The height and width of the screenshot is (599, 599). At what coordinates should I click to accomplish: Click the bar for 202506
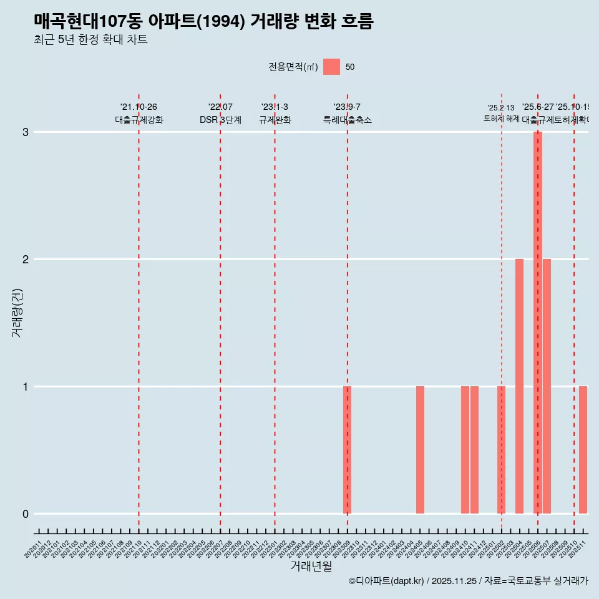537,323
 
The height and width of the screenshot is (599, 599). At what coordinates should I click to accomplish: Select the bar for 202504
519,386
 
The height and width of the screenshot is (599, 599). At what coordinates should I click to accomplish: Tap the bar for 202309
347,450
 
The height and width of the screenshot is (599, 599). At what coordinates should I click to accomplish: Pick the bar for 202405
420,450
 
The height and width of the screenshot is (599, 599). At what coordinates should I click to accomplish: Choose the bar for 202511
583,450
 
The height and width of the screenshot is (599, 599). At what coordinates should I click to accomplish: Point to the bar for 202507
547,386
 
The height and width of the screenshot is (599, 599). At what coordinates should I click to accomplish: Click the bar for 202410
465,450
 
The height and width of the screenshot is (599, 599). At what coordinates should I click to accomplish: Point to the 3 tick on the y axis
26,132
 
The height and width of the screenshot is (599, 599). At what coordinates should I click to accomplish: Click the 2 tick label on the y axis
26,260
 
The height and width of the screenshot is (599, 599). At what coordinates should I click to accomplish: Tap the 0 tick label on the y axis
26,514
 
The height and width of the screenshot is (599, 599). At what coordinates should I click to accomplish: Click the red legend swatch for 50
331,67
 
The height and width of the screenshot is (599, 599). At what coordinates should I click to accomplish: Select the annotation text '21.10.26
139,107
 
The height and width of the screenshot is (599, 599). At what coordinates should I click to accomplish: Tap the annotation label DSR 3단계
220,120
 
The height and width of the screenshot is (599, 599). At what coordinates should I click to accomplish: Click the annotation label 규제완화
275,120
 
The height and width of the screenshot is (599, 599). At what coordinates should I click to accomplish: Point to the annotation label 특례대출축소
347,120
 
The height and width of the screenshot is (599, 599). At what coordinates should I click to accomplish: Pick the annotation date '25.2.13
501,108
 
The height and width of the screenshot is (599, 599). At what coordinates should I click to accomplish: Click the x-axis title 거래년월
311,566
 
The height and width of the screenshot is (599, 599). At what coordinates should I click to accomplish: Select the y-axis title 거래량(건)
17,313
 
